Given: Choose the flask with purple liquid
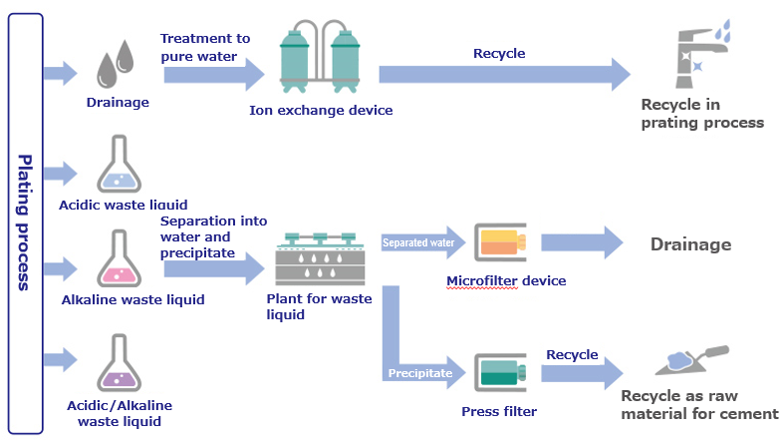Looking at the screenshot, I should pyautogui.click(x=120, y=364).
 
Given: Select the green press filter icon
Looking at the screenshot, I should pyautogui.click(x=501, y=374).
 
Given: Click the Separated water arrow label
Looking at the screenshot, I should pyautogui.click(x=418, y=242).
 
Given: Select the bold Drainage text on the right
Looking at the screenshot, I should pyautogui.click(x=690, y=244).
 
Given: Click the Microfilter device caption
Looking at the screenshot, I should pyautogui.click(x=506, y=280).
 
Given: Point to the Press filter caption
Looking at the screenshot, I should pyautogui.click(x=499, y=410).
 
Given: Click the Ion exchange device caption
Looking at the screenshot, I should pyautogui.click(x=321, y=110).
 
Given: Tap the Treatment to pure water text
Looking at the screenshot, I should pyautogui.click(x=205, y=47).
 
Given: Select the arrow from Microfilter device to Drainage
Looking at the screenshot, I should pyautogui.click(x=583, y=243).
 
